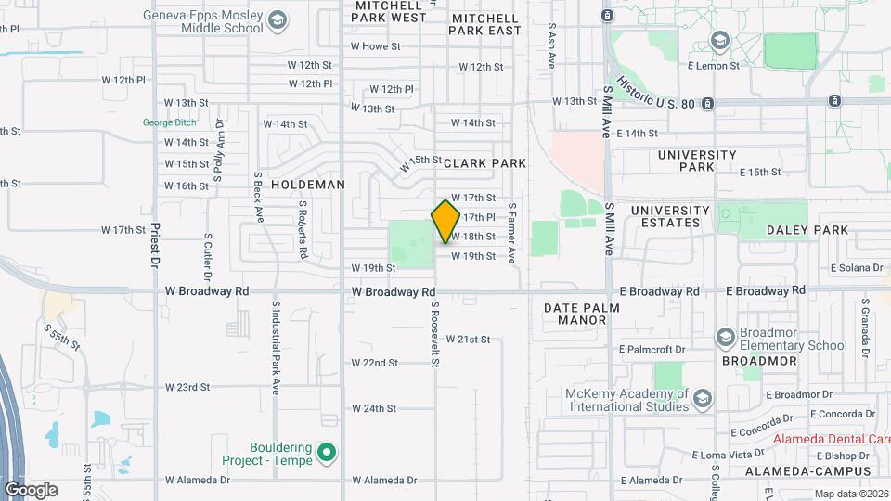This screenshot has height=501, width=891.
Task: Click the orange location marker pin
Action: click(446, 221)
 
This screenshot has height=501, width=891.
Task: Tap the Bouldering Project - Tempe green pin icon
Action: click(326, 454)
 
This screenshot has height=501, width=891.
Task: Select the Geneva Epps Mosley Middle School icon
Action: click(277, 20)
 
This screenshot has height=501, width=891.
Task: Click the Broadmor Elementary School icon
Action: click(725, 337)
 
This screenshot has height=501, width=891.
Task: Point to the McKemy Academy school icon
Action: click(703, 398)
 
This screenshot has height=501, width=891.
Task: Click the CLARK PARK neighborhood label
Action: click(484, 163)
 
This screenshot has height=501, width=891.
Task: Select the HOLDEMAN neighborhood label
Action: click(308, 185)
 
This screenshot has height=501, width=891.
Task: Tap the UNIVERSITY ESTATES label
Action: click(670, 216)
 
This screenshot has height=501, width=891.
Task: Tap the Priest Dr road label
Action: click(155, 244)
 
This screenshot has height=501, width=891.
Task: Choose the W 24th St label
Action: click(374, 408)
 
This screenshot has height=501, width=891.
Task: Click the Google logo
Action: click(31, 489)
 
